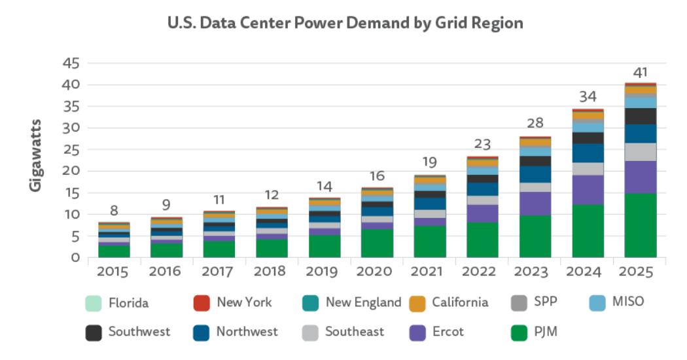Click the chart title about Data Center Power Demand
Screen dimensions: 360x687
345,23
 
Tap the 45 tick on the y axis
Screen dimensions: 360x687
71,63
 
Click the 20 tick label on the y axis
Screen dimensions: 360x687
71,171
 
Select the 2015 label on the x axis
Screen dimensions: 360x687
114,270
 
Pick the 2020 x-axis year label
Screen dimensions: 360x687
377,270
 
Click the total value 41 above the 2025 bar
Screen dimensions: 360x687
641,72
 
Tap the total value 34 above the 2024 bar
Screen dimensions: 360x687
588,97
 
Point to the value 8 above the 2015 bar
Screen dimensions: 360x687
114,210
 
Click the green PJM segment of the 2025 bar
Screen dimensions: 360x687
641,225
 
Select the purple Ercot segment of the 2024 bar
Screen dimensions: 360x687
588,190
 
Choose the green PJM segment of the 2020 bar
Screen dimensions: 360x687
377,243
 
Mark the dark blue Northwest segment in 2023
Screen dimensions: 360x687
535,174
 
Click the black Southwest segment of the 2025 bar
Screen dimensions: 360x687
641,116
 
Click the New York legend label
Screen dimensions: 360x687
244,302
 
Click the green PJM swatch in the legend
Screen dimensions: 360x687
520,333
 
